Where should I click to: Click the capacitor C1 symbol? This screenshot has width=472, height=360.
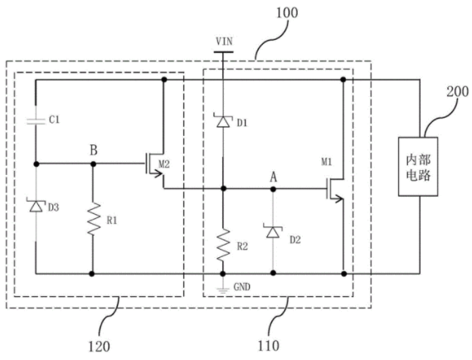[x=36, y=121]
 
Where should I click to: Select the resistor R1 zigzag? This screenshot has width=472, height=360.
[x=93, y=219]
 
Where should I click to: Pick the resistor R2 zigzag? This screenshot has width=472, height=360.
[x=223, y=245]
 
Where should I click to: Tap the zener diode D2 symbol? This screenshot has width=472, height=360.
[x=273, y=231]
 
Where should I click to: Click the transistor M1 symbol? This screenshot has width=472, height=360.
[x=336, y=189]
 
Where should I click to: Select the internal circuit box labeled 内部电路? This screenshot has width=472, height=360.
[x=418, y=167]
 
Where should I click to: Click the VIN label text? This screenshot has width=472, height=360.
[x=224, y=41]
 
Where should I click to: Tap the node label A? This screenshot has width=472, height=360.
[x=273, y=178]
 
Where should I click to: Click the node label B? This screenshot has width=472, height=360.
[x=94, y=150]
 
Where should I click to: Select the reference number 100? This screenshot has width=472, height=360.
[x=287, y=12]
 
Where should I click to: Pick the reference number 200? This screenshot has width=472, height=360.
[x=457, y=91]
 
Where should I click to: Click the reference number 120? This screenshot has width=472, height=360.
[x=99, y=346]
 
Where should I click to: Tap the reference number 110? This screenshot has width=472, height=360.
[x=269, y=346]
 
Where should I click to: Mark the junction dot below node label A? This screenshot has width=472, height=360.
[x=273, y=189]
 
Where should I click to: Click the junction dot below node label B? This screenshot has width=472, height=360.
[x=93, y=164]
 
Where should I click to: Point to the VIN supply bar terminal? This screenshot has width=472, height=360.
[x=223, y=51]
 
